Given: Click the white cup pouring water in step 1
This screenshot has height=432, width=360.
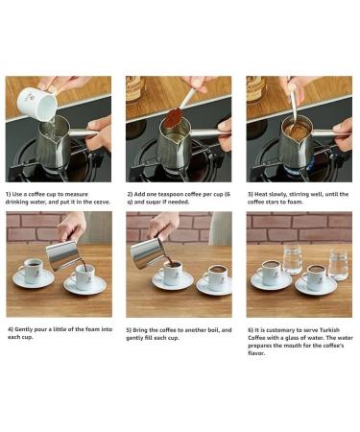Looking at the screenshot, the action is [37, 102].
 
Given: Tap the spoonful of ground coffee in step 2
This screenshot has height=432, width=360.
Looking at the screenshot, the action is [173, 116].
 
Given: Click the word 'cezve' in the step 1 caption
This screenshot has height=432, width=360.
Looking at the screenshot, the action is [101, 202].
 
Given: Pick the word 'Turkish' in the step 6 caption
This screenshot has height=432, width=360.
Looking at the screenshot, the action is [329, 330].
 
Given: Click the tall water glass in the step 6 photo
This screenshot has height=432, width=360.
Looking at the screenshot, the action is [293, 260].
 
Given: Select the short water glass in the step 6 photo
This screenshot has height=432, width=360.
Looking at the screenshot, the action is [338, 265].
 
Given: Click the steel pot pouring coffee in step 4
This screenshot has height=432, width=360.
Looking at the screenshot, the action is [62, 254].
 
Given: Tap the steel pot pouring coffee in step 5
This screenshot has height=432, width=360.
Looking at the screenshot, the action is [148, 252].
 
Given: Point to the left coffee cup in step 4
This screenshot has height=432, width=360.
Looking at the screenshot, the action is [33, 271].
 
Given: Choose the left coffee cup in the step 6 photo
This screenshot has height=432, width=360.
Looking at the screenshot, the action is [271, 272].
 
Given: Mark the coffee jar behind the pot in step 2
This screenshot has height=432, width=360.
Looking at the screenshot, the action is [135, 89].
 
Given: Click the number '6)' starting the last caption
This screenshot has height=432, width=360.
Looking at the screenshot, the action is [251, 330].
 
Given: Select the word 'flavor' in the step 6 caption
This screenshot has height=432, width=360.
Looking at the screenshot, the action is [256, 353].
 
